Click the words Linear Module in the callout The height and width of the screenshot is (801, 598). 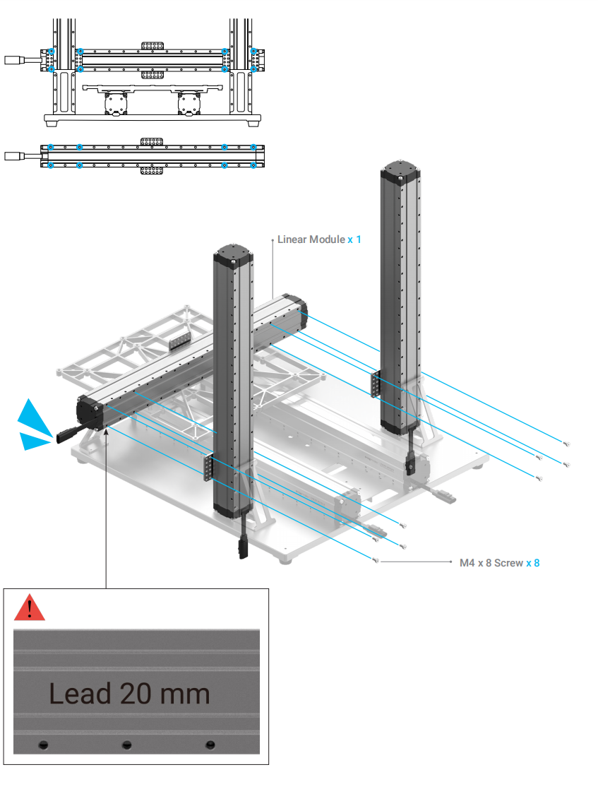click(x=311, y=239)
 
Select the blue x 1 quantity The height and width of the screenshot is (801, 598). click(x=354, y=239)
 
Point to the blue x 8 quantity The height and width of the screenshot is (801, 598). click(x=533, y=563)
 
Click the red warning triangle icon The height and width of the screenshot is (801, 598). click(x=29, y=608)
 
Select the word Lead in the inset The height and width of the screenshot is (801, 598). click(x=80, y=694)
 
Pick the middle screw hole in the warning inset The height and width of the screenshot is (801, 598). click(x=127, y=744)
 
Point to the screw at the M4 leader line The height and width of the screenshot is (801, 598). click(x=375, y=561)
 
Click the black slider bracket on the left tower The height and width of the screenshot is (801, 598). click(x=208, y=468)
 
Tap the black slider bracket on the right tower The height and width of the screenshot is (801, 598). click(x=375, y=385)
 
